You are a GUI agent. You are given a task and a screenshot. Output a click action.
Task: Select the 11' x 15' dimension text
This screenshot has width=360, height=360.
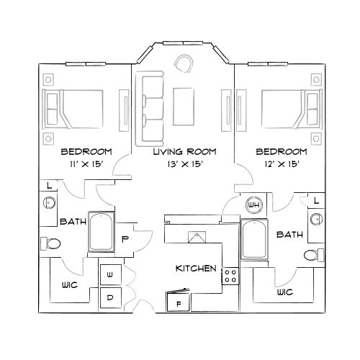86,165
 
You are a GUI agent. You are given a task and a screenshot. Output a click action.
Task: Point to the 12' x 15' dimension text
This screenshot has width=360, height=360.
281,165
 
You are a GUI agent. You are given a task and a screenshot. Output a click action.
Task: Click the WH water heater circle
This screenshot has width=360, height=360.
253,204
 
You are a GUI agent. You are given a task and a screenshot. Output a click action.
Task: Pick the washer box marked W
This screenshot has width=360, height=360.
110,274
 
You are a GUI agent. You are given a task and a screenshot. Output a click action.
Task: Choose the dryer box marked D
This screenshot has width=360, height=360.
110,297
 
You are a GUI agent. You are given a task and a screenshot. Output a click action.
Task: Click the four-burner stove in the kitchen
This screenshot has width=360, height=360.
230,275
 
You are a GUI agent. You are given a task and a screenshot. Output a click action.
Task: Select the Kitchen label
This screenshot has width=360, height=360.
196,268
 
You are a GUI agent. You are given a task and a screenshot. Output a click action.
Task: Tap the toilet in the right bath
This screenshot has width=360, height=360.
311,254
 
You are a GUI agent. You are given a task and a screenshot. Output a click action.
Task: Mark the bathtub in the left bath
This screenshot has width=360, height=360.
102,232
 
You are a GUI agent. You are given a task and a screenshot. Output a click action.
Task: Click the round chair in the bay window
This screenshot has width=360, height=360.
185,64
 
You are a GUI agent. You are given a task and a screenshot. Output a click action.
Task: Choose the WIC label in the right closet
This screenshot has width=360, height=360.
284,292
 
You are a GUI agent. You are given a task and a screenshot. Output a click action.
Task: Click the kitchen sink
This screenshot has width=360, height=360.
194,237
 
